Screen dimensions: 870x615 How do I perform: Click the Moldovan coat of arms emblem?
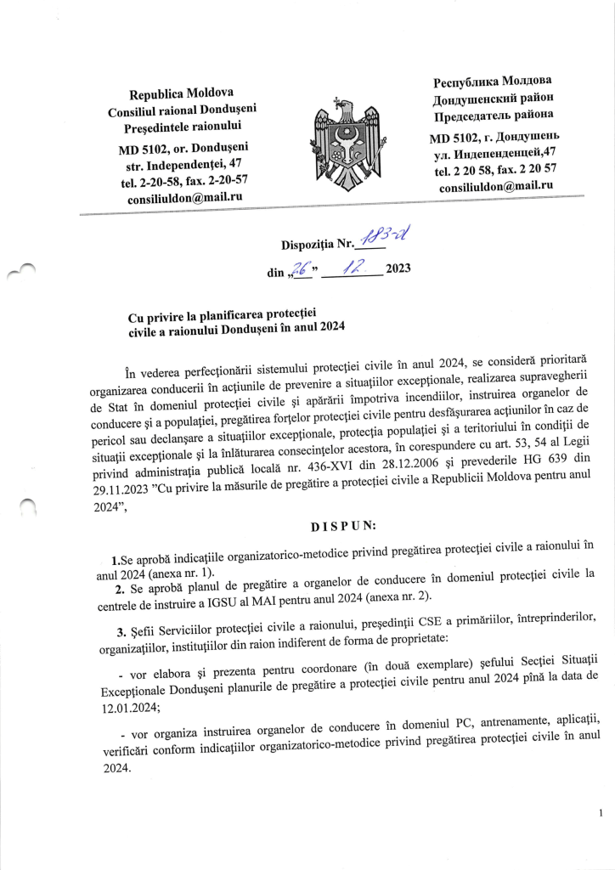click(345, 140)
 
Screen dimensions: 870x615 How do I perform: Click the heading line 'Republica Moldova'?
click(181, 93)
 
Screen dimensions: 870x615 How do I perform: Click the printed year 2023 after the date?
click(398, 269)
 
